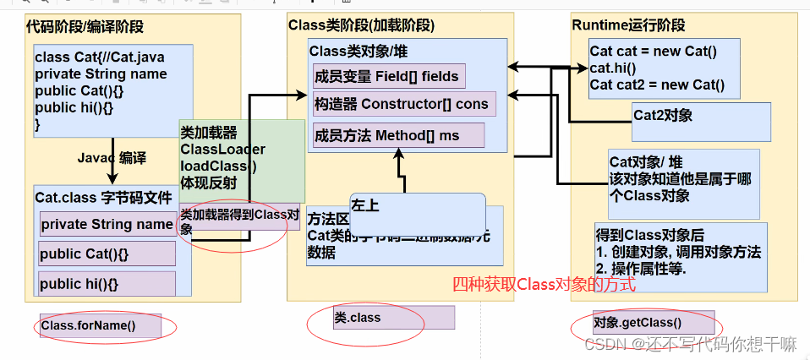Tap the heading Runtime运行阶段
pyautogui.click(x=628, y=25)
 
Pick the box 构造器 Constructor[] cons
pyautogui.click(x=402, y=105)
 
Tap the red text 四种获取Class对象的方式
pyautogui.click(x=544, y=285)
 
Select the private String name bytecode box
pyautogui.click(x=107, y=225)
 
